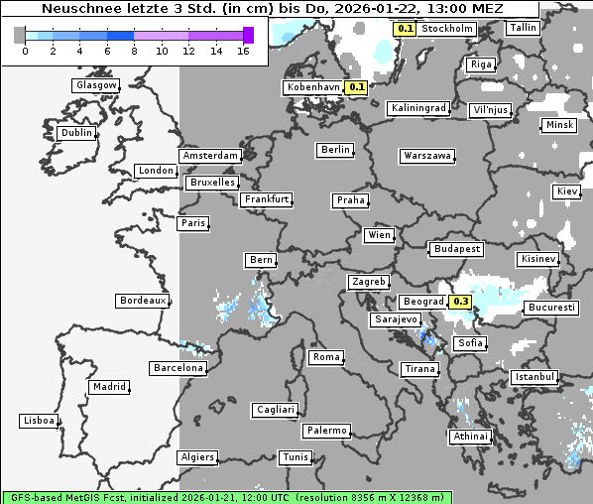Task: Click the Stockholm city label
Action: point(446,29)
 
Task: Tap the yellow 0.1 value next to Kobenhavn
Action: point(358,87)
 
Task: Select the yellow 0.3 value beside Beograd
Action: point(460,302)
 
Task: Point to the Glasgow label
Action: point(96,85)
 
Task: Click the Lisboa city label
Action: point(38,421)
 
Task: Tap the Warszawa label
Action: point(427,156)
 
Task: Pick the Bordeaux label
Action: point(142,300)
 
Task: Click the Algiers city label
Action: point(196,457)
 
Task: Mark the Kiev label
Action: point(567,190)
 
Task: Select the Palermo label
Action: point(326,431)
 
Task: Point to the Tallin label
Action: point(523,28)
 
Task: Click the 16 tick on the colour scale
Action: point(244,51)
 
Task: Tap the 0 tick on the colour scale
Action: point(25,51)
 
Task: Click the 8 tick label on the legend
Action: point(135,51)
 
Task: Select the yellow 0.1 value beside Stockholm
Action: point(405,29)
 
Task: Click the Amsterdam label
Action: point(210,156)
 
